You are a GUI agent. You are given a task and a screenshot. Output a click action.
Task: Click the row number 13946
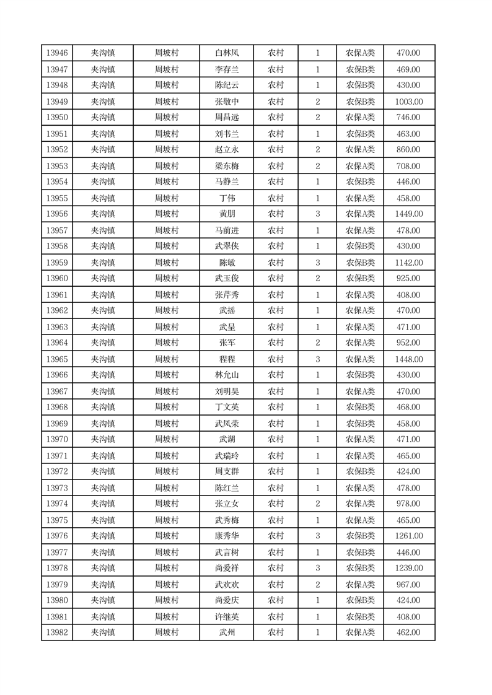point(57,53)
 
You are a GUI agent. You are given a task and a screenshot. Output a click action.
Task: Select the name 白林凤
point(227,53)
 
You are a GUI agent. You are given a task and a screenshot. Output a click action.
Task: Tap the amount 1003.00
point(408,102)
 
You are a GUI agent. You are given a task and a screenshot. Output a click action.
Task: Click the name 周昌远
point(227,118)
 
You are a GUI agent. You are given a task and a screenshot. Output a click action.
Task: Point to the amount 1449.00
point(408,214)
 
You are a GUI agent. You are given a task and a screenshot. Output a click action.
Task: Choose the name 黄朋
point(227,214)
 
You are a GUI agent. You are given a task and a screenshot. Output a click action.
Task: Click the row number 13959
point(57,263)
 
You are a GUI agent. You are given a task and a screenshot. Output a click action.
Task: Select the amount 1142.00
point(408,263)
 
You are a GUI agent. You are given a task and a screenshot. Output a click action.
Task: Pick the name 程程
point(227,359)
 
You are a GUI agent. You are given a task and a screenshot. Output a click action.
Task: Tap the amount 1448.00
point(408,359)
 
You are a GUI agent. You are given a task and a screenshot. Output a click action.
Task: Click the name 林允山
point(227,375)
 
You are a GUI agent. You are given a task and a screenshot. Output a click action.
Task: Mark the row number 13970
point(57,440)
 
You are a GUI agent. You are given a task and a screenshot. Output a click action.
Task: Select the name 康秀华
point(227,536)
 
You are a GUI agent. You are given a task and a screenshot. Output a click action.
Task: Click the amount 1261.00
point(408,536)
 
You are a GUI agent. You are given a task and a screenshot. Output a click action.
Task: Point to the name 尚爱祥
point(227,569)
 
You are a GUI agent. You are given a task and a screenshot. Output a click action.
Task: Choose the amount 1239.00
point(408,569)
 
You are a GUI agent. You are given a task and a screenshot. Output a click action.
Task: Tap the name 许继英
point(227,617)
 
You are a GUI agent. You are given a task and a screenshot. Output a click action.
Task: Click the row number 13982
point(57,633)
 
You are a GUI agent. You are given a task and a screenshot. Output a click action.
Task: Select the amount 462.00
point(408,633)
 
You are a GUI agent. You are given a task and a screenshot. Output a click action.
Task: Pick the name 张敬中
point(227,102)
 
